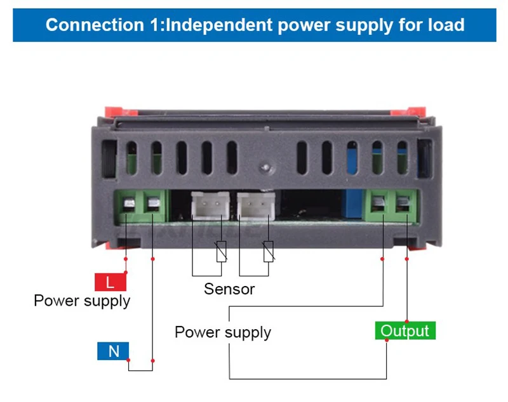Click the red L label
coord(110,282)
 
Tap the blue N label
coord(113,351)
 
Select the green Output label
coord(404,331)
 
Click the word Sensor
coord(229,289)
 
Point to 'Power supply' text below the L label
coord(82,300)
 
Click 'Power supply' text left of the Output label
coord(222,332)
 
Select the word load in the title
coord(443,25)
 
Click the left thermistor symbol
coord(220,252)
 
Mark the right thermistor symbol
coord(269,252)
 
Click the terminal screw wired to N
coord(152,205)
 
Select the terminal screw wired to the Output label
coord(404,204)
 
